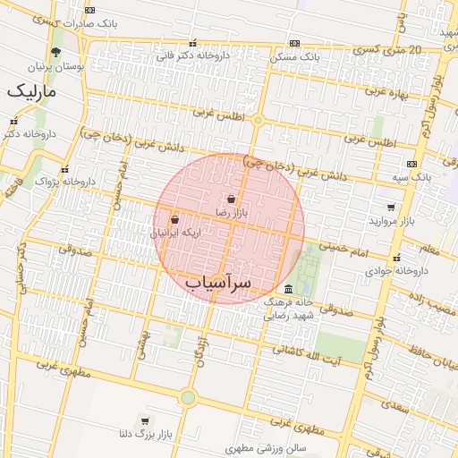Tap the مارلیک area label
[x=30, y=91]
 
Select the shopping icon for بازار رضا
[x=232, y=199]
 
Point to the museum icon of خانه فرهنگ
[x=288, y=289]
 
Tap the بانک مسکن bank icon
[x=294, y=43]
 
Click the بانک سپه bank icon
[x=411, y=164]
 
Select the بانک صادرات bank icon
[x=89, y=10]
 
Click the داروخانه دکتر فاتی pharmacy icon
[x=192, y=43]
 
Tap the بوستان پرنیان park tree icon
[x=55, y=52]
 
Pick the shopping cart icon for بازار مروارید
[x=391, y=207]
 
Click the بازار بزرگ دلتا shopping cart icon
[x=145, y=420]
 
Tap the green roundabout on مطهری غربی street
[x=188, y=397]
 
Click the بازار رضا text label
[x=232, y=213]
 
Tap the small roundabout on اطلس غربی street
[x=258, y=120]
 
